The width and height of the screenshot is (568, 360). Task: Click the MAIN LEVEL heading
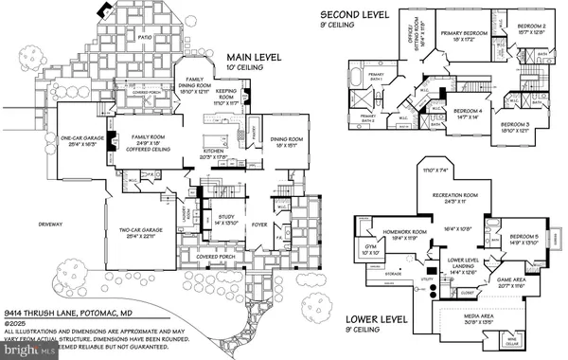click(x=257, y=59)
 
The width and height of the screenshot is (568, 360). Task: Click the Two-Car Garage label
click(x=139, y=230)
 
